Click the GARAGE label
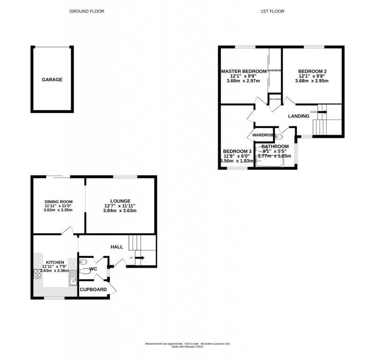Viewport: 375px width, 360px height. pos(52,80)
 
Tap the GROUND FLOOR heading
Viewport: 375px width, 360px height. pos(87,11)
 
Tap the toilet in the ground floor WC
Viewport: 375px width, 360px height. pos(85,270)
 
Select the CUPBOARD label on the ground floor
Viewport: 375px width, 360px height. pos(94,290)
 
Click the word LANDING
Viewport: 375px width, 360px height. pos(298,116)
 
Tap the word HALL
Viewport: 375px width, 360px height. pos(117,247)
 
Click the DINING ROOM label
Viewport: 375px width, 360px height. pos(59,202)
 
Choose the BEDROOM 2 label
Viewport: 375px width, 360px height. pos(312,71)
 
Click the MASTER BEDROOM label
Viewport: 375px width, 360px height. pos(243,71)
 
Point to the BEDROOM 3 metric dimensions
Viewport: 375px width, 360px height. pos(236,161)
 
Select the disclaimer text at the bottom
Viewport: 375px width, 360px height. pos(187,345)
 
